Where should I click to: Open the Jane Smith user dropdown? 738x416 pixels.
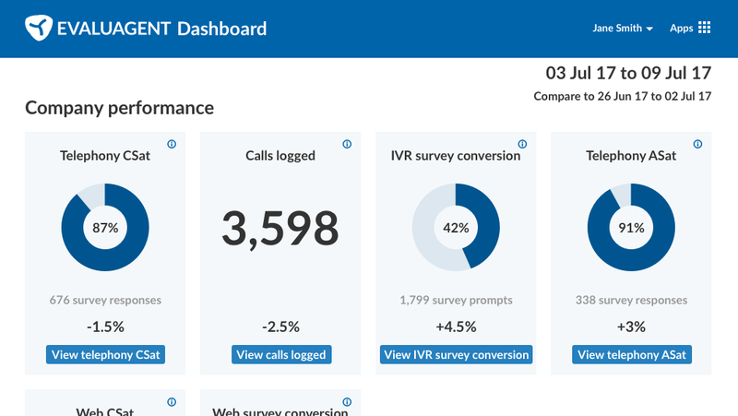pyautogui.click(x=623, y=29)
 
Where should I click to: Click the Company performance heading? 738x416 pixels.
pyautogui.click(x=119, y=108)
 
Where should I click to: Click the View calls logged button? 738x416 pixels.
pyautogui.click(x=280, y=355)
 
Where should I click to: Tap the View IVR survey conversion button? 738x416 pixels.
pyautogui.click(x=456, y=355)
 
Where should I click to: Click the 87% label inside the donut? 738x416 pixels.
pyautogui.click(x=105, y=227)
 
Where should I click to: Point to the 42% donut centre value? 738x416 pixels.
pyautogui.click(x=456, y=227)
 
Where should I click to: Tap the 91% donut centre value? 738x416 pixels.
pyautogui.click(x=631, y=227)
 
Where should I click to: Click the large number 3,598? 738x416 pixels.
pyautogui.click(x=280, y=229)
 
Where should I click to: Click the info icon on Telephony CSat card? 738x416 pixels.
pyautogui.click(x=172, y=144)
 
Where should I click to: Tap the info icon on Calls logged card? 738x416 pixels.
pyautogui.click(x=347, y=144)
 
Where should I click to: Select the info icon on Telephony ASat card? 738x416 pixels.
pyautogui.click(x=697, y=144)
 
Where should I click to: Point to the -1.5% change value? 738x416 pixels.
pyautogui.click(x=105, y=327)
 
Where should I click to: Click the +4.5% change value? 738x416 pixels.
pyautogui.click(x=456, y=327)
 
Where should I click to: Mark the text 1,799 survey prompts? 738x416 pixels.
pyautogui.click(x=456, y=300)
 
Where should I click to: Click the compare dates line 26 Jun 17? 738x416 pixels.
pyautogui.click(x=623, y=97)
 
